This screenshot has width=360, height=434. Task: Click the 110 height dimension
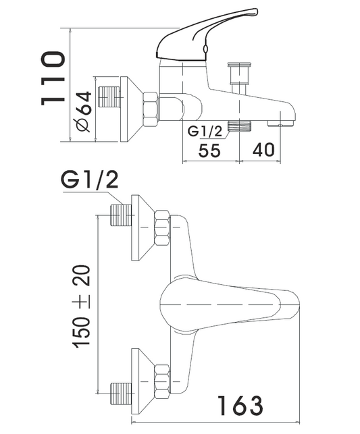[x=53, y=78]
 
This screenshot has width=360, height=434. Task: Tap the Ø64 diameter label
[x=84, y=111]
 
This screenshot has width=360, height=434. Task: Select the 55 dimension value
[x=209, y=151]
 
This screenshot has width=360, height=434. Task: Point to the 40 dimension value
[x=263, y=149]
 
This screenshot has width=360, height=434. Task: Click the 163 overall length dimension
[x=240, y=406]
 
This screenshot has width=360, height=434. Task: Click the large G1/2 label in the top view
[x=89, y=180]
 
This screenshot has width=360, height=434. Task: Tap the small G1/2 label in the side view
[x=205, y=131]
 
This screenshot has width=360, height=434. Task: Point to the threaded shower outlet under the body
[x=239, y=126]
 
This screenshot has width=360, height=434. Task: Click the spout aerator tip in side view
[x=280, y=123]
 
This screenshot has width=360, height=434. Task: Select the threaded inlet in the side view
[x=109, y=97]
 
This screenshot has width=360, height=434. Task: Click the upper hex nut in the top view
[x=162, y=228]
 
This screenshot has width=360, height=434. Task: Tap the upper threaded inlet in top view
[x=121, y=215]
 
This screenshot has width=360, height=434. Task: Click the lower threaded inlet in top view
[x=121, y=394]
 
